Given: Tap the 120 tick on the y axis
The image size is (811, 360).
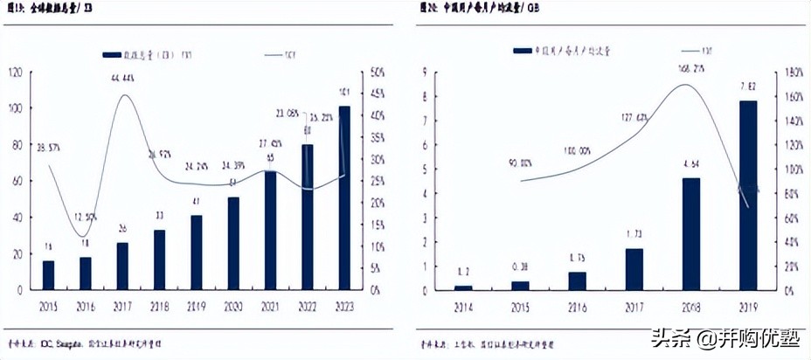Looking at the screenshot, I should click(x=15, y=72).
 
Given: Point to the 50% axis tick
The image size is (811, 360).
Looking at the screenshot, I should click(x=378, y=72).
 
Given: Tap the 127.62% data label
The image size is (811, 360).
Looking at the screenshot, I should click(x=635, y=117).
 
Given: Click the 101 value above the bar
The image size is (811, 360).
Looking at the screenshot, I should click(x=344, y=92).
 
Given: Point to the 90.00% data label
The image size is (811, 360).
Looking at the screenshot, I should click(x=520, y=163).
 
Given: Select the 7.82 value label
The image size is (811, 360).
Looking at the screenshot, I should click(x=748, y=87).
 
